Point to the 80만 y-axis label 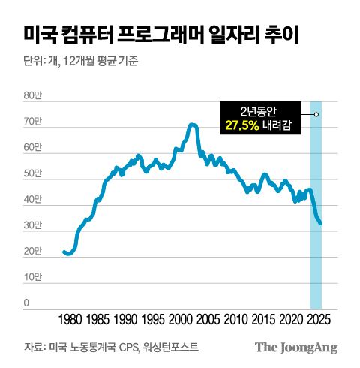[x=32, y=95]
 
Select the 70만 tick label [x=32, y=122]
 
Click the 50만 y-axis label [x=32, y=173]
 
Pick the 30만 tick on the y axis [x=32, y=225]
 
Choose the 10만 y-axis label [x=32, y=278]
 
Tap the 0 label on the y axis [x=26, y=303]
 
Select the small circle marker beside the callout [x=316, y=114]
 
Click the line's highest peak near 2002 [x=193, y=124]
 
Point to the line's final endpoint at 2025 [x=321, y=223]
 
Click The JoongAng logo [x=296, y=347]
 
